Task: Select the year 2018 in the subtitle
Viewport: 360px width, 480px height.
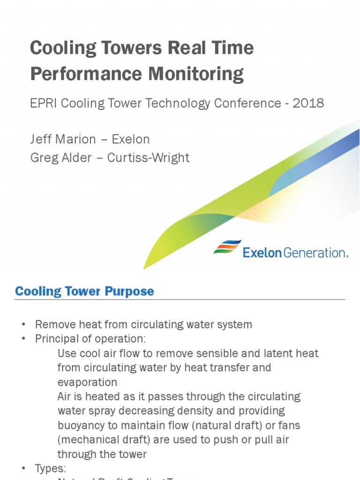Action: pyautogui.click(x=308, y=103)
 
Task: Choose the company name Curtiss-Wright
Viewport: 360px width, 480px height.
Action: pyautogui.click(x=148, y=157)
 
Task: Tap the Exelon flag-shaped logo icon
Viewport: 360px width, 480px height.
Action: pyautogui.click(x=227, y=247)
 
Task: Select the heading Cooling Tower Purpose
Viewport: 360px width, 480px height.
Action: pyautogui.click(x=84, y=291)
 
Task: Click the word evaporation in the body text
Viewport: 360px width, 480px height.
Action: pyautogui.click(x=87, y=382)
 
